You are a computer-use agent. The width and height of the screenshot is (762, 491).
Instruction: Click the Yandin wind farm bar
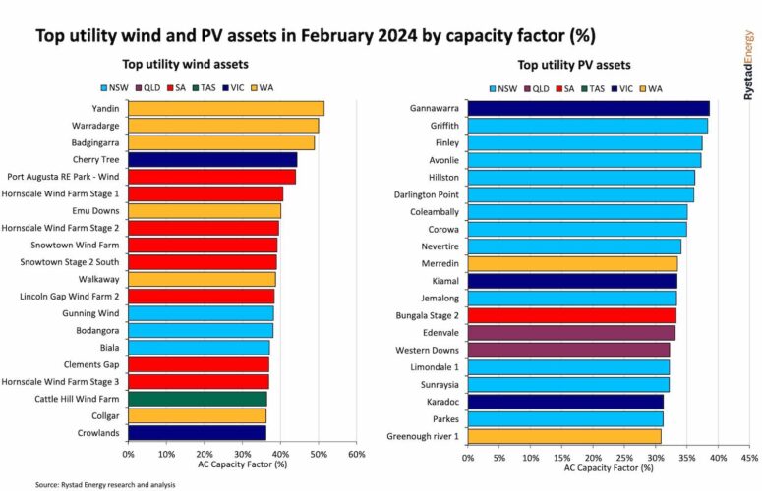tap(226, 108)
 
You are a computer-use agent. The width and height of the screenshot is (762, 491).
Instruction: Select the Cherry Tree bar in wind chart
tap(212, 159)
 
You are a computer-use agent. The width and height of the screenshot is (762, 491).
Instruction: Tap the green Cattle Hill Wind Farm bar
tap(198, 399)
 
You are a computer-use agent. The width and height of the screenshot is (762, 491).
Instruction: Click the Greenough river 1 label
tap(423, 435)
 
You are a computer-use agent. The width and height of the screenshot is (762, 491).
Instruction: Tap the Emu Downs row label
tap(96, 211)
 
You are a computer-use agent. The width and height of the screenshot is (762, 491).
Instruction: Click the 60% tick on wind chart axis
tap(357, 455)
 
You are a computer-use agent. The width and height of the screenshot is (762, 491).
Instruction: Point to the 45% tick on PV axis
tap(749, 458)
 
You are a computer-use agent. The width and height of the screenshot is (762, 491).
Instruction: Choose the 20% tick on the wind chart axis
tap(205, 455)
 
